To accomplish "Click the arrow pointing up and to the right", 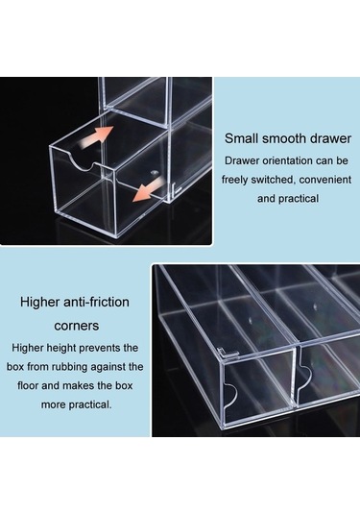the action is (x=97, y=135).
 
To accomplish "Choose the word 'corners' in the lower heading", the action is (x=77, y=326).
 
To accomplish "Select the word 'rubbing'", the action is (x=69, y=367).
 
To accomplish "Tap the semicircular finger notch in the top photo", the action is (x=82, y=162).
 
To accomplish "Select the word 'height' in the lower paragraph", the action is (x=61, y=348).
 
